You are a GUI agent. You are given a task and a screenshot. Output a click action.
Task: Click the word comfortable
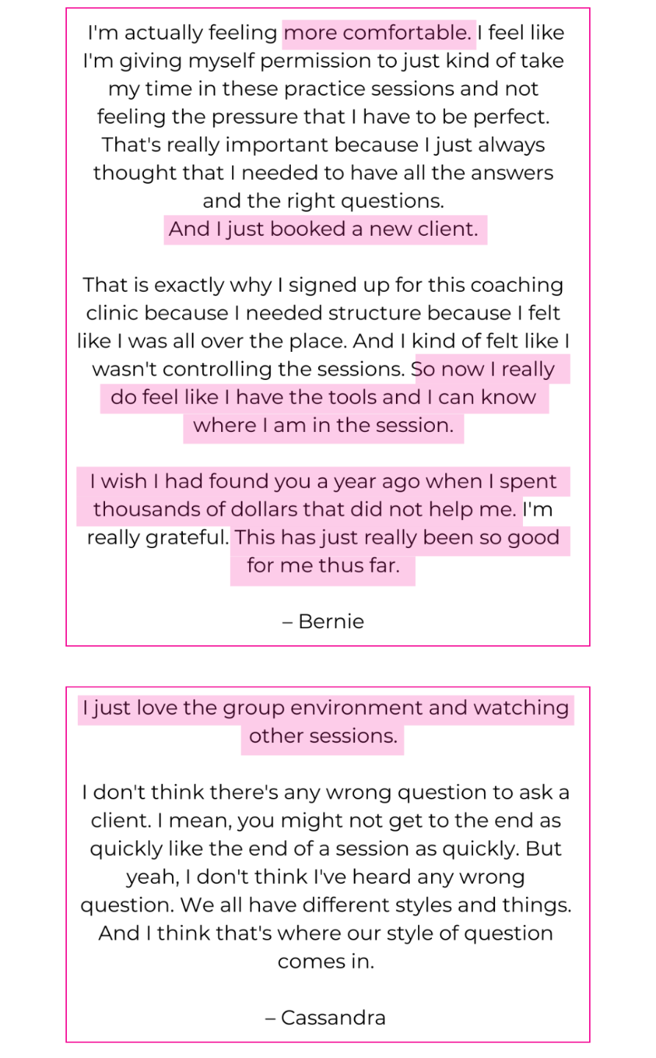(x=407, y=33)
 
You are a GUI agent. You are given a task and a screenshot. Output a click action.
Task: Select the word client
(x=447, y=229)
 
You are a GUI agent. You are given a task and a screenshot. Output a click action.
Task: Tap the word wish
(x=124, y=482)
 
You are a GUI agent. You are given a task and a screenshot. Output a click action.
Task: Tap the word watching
(x=521, y=708)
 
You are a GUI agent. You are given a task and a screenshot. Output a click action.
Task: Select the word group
(x=254, y=708)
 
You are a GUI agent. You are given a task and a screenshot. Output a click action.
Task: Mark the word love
(x=157, y=708)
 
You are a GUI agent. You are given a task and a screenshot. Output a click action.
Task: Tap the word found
(x=238, y=482)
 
